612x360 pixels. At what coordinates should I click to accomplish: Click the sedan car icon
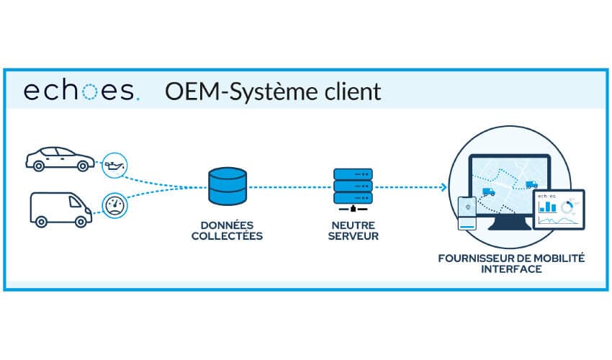pos(58,158)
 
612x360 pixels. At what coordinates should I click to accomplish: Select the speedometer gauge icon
pos(114,205)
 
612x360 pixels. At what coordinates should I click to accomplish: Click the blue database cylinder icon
pos(227,186)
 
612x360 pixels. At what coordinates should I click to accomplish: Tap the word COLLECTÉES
pos(228,235)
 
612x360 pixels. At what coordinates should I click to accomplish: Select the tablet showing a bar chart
pos(559,208)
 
